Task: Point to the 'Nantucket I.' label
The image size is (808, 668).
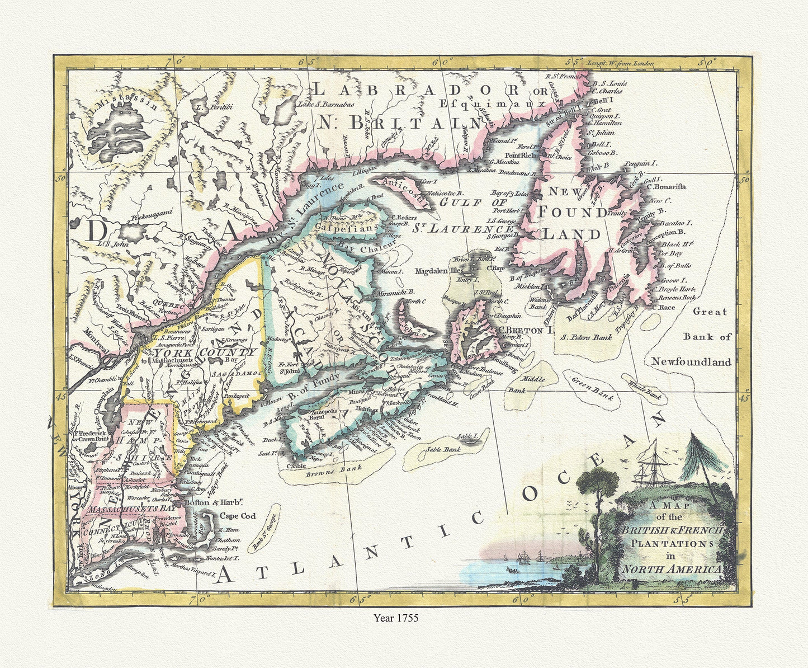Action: coord(223,558)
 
